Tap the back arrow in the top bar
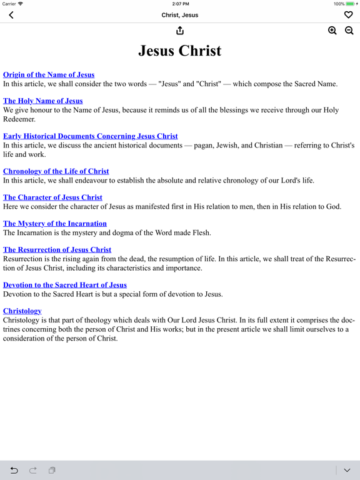(11, 15)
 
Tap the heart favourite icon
(348, 15)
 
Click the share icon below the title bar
(180, 31)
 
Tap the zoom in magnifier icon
(332, 31)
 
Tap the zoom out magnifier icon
(349, 31)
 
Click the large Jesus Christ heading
(180, 51)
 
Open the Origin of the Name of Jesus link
(49, 75)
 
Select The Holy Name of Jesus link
(42, 101)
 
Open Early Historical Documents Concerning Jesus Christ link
(90, 136)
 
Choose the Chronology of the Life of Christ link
(56, 171)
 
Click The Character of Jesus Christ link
(52, 197)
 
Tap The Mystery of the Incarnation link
(55, 224)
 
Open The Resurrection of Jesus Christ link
(57, 250)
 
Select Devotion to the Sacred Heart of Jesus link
(65, 285)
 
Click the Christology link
(22, 311)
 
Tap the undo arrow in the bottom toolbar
(14, 470)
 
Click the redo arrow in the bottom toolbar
(33, 470)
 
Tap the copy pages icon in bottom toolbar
(52, 470)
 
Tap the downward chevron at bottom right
(347, 470)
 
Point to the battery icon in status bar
(351, 4)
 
